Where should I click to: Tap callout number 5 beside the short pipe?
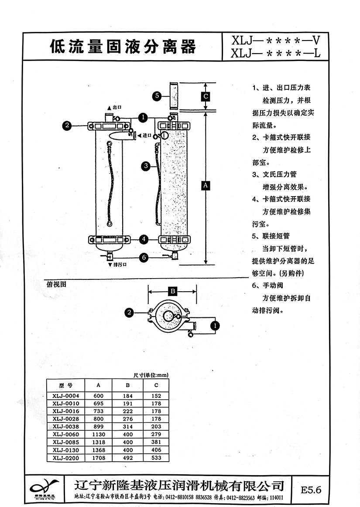158,96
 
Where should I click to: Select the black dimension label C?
206,96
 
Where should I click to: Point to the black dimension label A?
206,185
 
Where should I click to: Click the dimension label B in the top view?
172,291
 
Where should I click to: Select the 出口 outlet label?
116,107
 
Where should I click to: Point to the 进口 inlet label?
147,136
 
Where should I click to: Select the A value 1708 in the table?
98,458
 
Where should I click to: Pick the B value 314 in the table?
128,427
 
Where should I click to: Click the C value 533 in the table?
156,458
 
